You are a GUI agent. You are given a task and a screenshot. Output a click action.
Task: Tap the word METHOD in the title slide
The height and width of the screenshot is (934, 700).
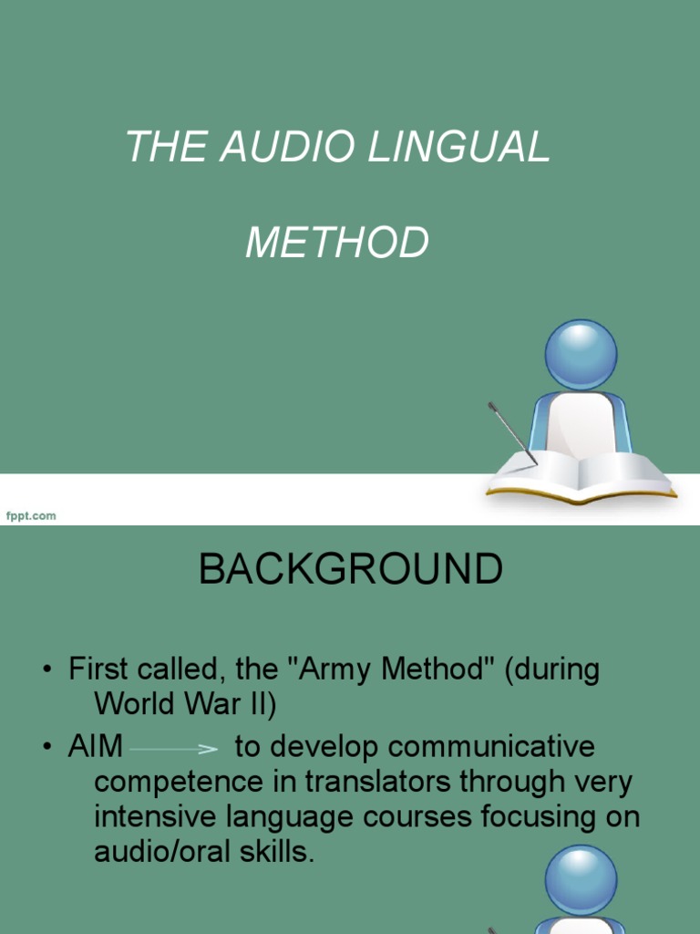[x=337, y=243]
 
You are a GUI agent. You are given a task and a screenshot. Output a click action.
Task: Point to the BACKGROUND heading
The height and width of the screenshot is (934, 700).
[x=350, y=570]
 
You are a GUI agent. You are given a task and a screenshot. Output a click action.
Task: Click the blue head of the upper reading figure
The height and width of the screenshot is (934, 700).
[x=581, y=355]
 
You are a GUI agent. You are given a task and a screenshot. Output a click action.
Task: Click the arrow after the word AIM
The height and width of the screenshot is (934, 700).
[x=174, y=749]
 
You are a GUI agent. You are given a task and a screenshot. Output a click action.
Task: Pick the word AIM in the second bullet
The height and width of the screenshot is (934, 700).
[x=96, y=747]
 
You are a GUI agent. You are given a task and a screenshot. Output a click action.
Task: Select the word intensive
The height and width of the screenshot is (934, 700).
[x=152, y=817]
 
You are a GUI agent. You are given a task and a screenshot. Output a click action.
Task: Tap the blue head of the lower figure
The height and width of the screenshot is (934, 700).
[x=581, y=879]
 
